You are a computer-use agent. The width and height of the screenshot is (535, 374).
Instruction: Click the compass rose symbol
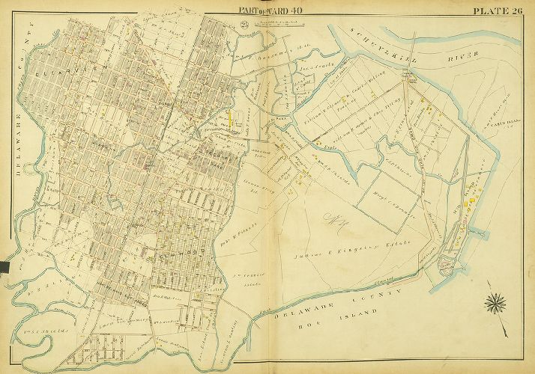[x=497, y=301]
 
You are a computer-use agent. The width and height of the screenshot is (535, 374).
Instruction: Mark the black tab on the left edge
[x=4, y=265]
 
